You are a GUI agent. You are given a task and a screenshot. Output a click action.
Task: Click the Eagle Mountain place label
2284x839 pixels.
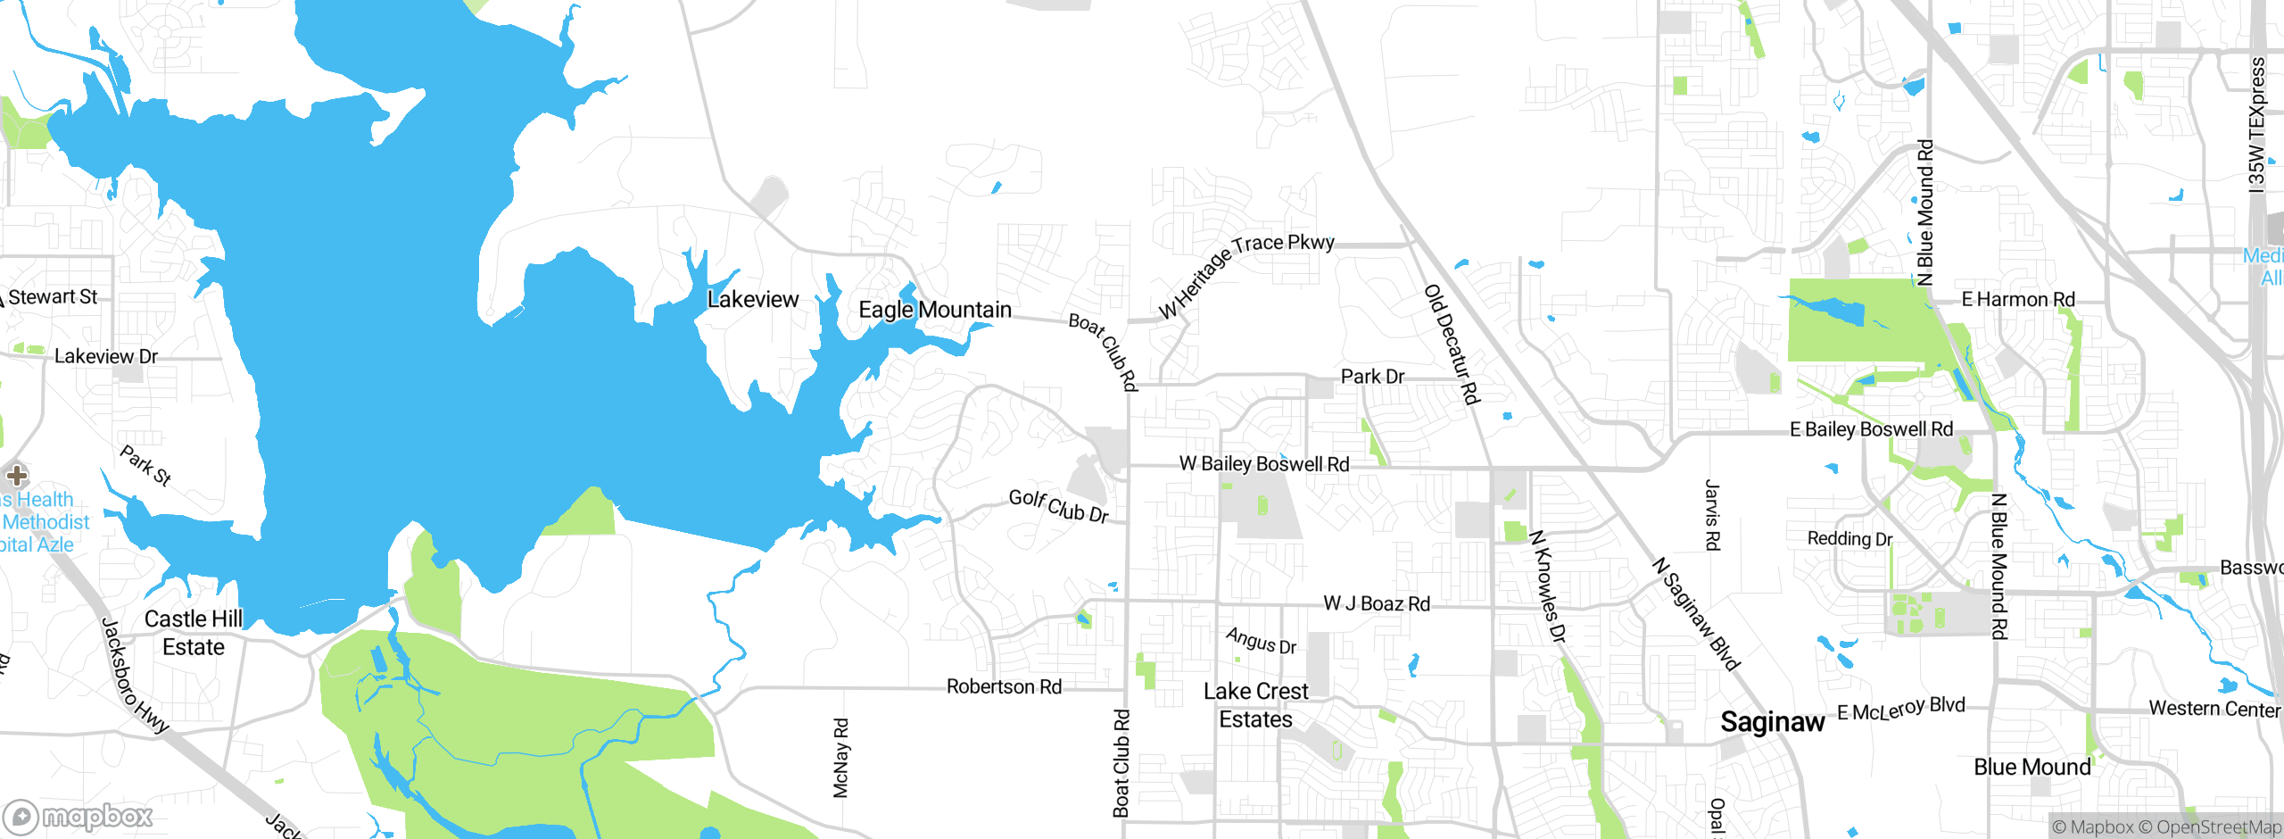[x=934, y=310]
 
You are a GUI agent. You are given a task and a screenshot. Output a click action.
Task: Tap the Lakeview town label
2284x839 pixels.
[x=752, y=300]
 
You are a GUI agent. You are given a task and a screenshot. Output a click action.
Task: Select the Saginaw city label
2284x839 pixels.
[x=1772, y=722]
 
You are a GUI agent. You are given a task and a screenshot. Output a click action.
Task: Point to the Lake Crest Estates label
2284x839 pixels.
[x=1255, y=705]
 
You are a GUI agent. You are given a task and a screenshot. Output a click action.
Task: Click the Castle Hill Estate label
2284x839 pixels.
[x=193, y=633]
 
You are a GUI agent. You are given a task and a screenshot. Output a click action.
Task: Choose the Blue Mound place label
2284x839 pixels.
[x=2032, y=768]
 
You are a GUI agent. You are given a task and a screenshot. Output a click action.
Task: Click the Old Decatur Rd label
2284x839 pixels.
[x=1452, y=345]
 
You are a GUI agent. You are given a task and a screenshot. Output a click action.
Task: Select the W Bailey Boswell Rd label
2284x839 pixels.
[x=1263, y=464]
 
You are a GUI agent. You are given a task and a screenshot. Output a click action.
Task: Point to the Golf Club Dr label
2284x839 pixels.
[x=1059, y=506]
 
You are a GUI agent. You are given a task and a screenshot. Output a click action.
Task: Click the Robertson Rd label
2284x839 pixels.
[x=1004, y=687]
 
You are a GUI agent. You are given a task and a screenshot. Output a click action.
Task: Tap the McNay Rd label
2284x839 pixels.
[x=840, y=758]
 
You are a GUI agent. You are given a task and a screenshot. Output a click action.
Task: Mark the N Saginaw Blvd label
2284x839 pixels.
[x=1695, y=614]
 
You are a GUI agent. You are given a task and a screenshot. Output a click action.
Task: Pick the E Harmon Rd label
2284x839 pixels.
[x=2017, y=300]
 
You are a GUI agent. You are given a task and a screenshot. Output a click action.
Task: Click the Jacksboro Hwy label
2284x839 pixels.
[x=135, y=676]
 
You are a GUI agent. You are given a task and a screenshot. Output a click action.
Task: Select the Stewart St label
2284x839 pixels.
[x=52, y=297]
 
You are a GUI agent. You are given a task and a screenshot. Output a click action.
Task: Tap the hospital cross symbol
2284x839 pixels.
[x=17, y=475]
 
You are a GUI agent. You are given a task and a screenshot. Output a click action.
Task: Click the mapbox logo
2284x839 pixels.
[x=79, y=816]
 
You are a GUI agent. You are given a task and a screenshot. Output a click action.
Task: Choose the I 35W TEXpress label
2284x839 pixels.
[x=2257, y=125]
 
